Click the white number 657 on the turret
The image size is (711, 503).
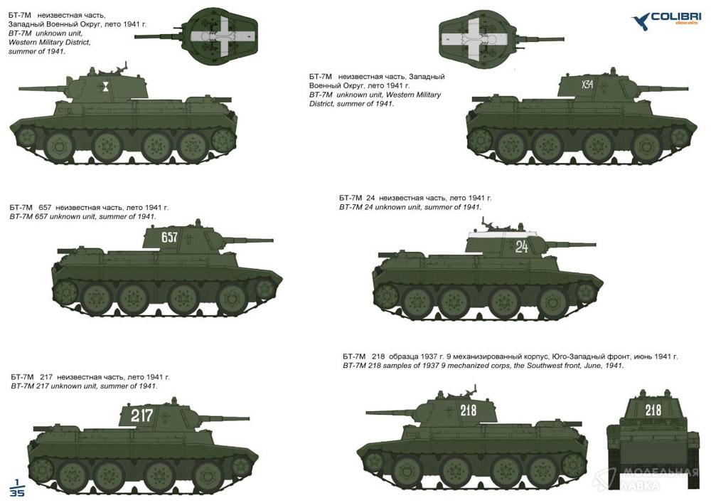[169, 237]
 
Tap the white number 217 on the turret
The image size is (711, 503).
[141, 415]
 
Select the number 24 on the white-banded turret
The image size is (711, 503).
[521, 246]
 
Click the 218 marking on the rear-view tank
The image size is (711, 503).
[653, 410]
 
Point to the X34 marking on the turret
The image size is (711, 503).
[587, 84]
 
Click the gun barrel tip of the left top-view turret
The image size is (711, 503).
[137, 37]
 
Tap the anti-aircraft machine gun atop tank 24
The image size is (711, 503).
[490, 223]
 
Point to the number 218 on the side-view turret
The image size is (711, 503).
[469, 410]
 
